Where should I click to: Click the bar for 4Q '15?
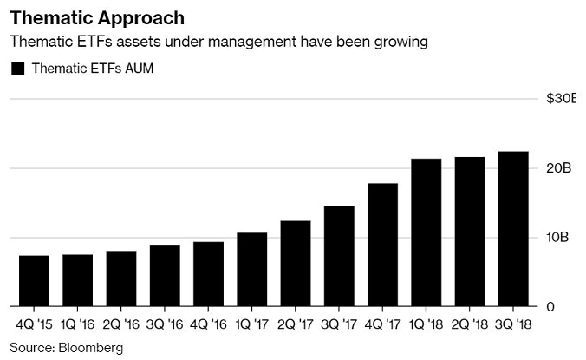pos(34,281)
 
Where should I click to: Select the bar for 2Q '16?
pos(120,278)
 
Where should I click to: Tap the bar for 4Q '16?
pos(208,274)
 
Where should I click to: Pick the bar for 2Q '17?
pos(296,264)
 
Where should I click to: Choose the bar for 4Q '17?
pos(382,245)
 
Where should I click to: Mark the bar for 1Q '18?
pos(426,232)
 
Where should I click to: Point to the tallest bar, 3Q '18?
pos(513,229)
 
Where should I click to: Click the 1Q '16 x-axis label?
pos(77,327)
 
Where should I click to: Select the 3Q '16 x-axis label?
pos(165,327)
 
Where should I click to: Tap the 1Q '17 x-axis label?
pos(251,327)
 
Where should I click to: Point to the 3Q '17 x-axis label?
pos(339,327)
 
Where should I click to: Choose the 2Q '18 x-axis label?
pos(470,327)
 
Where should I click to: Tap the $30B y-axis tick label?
pos(561,99)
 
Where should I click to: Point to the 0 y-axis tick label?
pos(550,307)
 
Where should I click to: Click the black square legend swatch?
pos(16,69)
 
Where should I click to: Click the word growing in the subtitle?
pos(401,42)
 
